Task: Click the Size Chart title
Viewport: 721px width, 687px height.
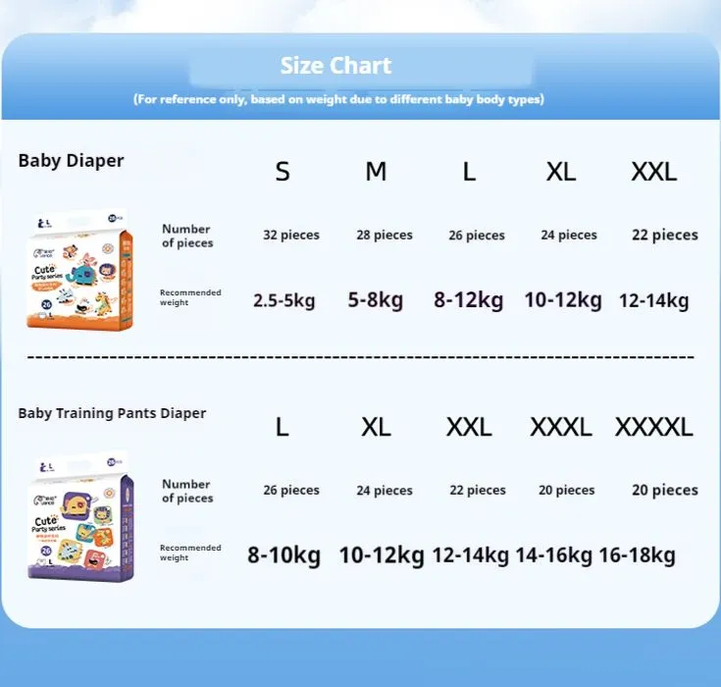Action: click(335, 66)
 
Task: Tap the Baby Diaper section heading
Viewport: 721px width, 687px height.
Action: click(71, 161)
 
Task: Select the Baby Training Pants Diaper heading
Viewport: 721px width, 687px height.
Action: click(112, 413)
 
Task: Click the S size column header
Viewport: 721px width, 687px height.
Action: click(283, 173)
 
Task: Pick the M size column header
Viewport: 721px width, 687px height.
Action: click(376, 173)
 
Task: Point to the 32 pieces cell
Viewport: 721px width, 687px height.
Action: click(291, 236)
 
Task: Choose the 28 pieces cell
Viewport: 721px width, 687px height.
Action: click(384, 236)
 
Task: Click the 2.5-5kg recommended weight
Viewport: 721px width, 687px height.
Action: click(284, 300)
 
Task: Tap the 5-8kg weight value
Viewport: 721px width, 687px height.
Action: click(376, 300)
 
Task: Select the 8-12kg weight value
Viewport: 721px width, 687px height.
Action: click(469, 300)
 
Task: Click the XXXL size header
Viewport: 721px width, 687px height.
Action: click(561, 428)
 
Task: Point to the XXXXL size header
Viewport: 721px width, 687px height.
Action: click(654, 428)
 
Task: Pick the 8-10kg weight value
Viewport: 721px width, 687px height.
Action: click(284, 555)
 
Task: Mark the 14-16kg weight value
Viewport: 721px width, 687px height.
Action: click(553, 555)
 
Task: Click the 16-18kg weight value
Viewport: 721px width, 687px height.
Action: click(637, 555)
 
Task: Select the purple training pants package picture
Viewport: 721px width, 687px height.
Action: click(81, 517)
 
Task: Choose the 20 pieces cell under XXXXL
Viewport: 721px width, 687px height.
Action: click(665, 491)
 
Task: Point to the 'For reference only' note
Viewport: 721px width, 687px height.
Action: click(338, 99)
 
